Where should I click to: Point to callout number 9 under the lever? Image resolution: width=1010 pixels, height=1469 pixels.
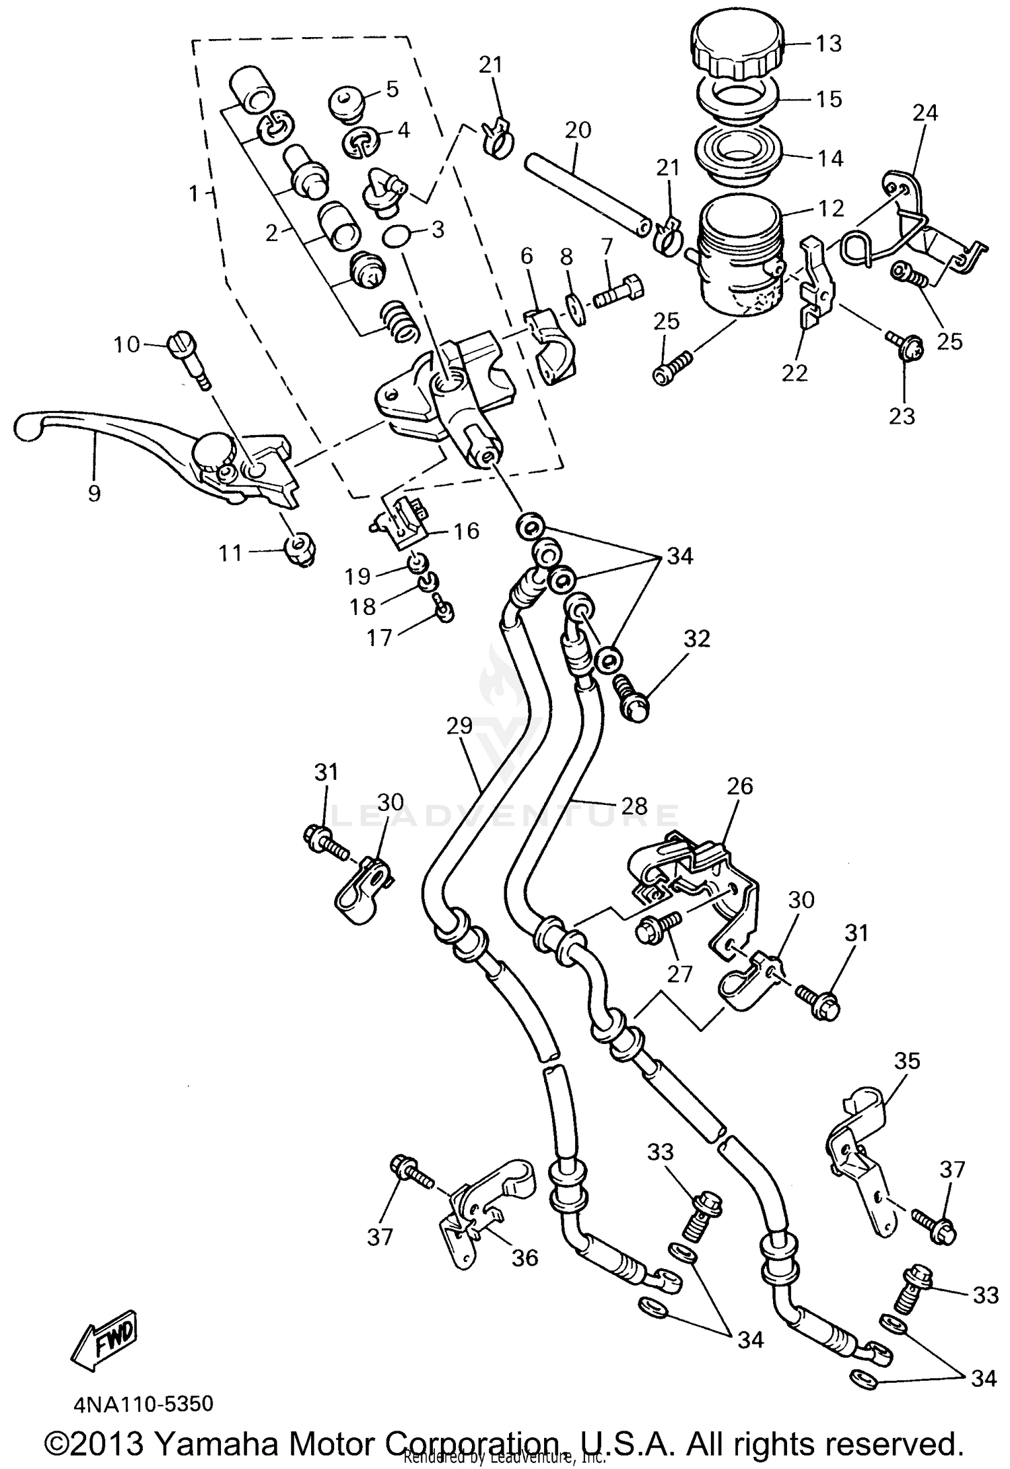(x=94, y=494)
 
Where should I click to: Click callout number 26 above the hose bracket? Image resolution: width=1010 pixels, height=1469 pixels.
(x=740, y=785)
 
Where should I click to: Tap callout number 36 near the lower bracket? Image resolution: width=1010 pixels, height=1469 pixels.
(x=525, y=1257)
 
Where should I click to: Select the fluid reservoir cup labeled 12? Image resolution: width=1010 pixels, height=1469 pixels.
(x=741, y=256)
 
